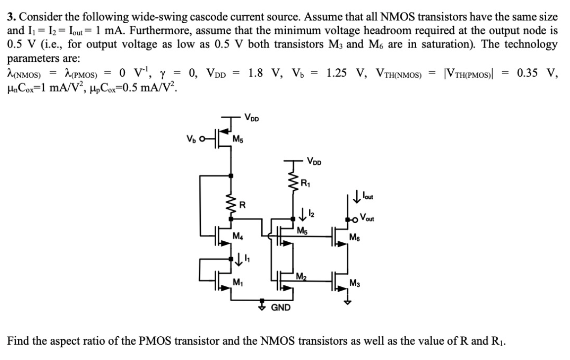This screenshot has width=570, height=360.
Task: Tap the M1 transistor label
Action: [238, 282]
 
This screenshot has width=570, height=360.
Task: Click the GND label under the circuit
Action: [280, 308]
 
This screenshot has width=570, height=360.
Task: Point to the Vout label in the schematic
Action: [370, 216]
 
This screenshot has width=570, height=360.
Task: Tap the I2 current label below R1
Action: [305, 214]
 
